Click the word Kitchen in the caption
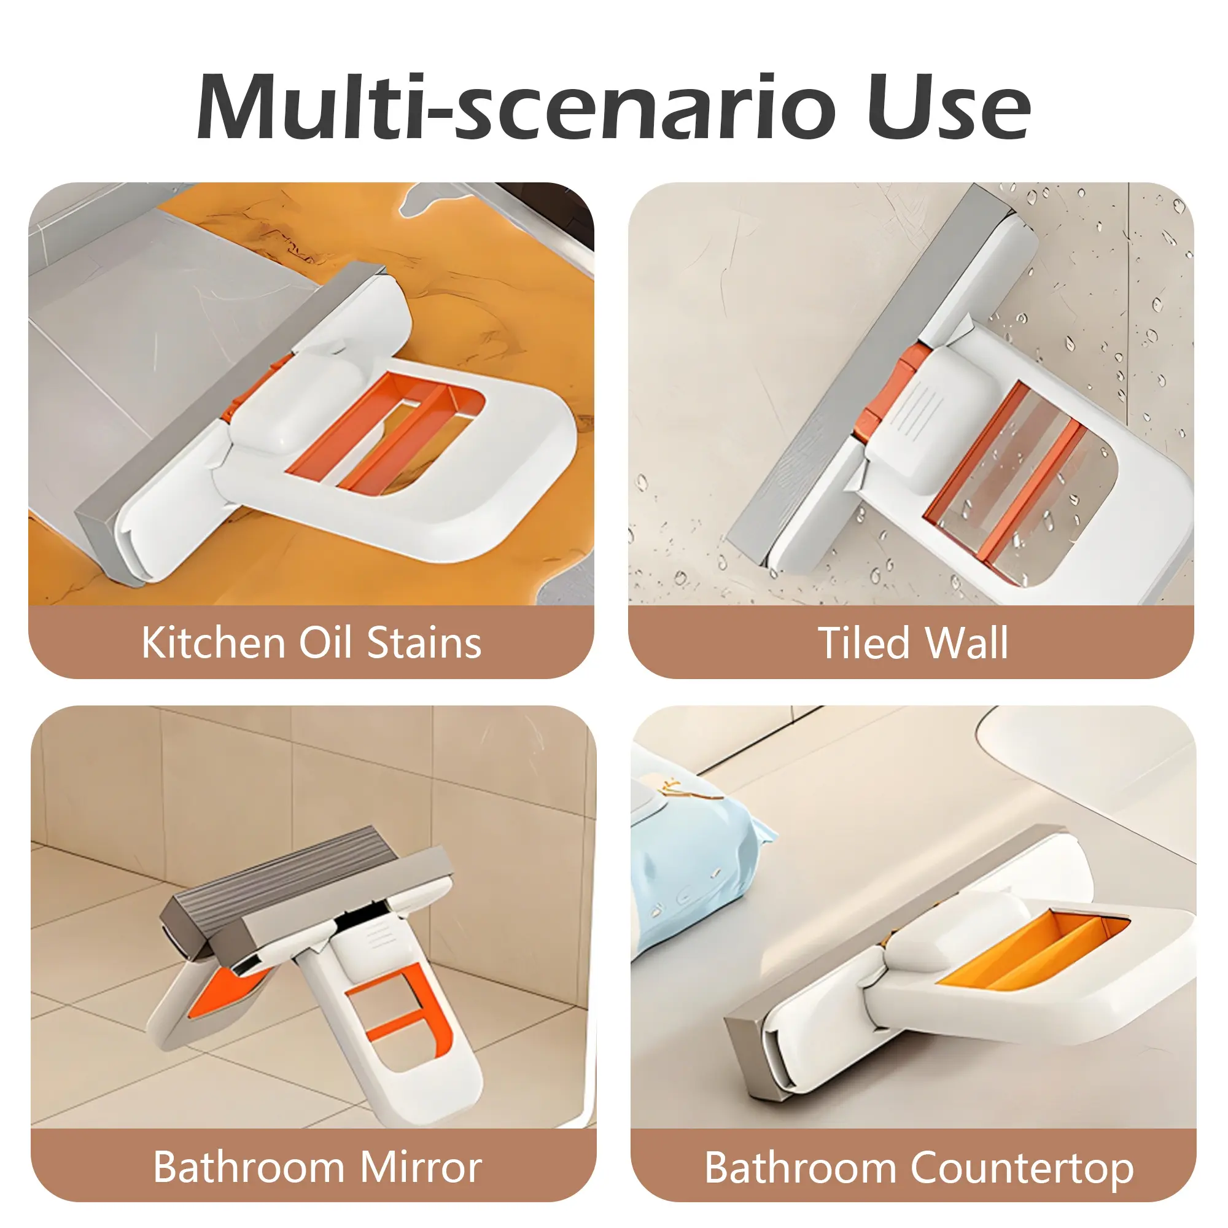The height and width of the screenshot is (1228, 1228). (213, 643)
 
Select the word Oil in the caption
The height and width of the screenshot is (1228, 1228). (325, 643)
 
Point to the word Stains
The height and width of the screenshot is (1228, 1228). (424, 643)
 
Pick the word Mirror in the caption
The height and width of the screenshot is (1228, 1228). (421, 1167)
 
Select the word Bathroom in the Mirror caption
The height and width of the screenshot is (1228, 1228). (249, 1167)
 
